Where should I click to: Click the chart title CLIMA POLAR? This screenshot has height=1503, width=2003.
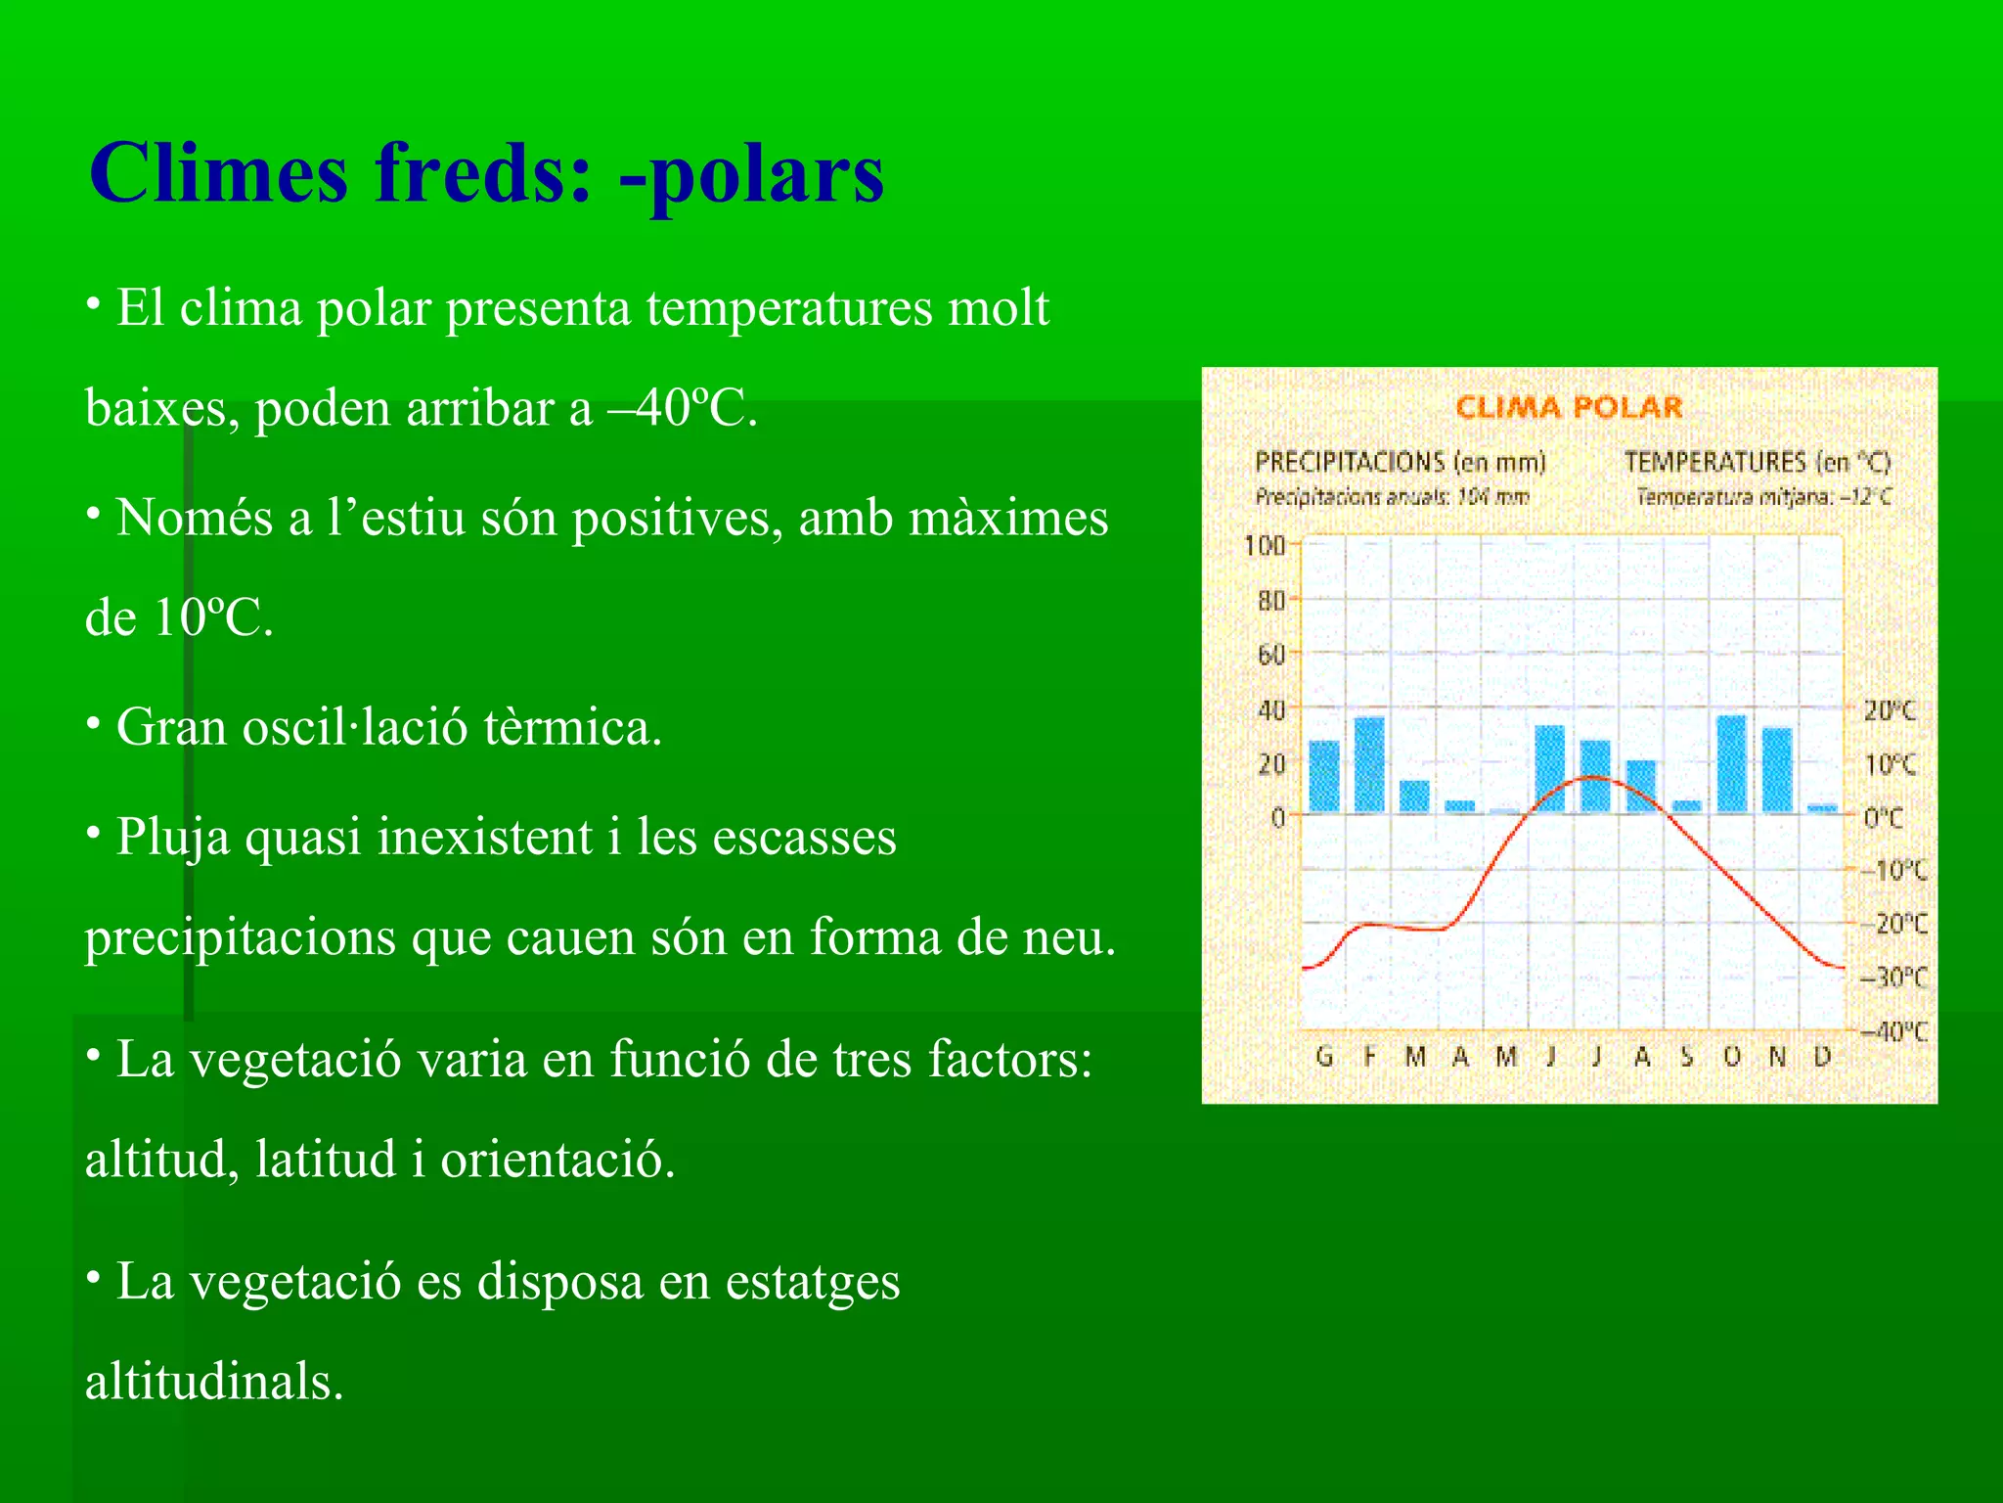click(1568, 407)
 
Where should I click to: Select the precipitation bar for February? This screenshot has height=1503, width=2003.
click(1369, 764)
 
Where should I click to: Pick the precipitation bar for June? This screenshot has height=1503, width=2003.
click(1550, 768)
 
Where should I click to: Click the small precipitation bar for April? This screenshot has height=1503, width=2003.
click(1460, 806)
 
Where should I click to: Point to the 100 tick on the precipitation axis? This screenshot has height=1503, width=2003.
click(1264, 545)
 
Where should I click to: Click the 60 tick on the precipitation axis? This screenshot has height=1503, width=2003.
click(1270, 654)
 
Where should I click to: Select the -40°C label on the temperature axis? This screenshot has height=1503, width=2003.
click(1893, 1031)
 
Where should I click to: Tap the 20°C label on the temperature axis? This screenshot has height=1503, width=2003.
click(1889, 711)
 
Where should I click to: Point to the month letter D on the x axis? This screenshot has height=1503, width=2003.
click(1822, 1057)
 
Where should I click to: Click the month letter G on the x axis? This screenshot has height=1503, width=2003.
click(1324, 1057)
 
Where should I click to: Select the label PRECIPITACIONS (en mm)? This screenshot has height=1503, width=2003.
click(1400, 462)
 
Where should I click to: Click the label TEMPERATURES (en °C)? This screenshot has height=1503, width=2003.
click(1758, 462)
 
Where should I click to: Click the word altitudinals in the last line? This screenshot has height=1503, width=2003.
click(214, 1382)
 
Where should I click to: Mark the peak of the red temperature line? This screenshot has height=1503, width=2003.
click(1593, 778)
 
